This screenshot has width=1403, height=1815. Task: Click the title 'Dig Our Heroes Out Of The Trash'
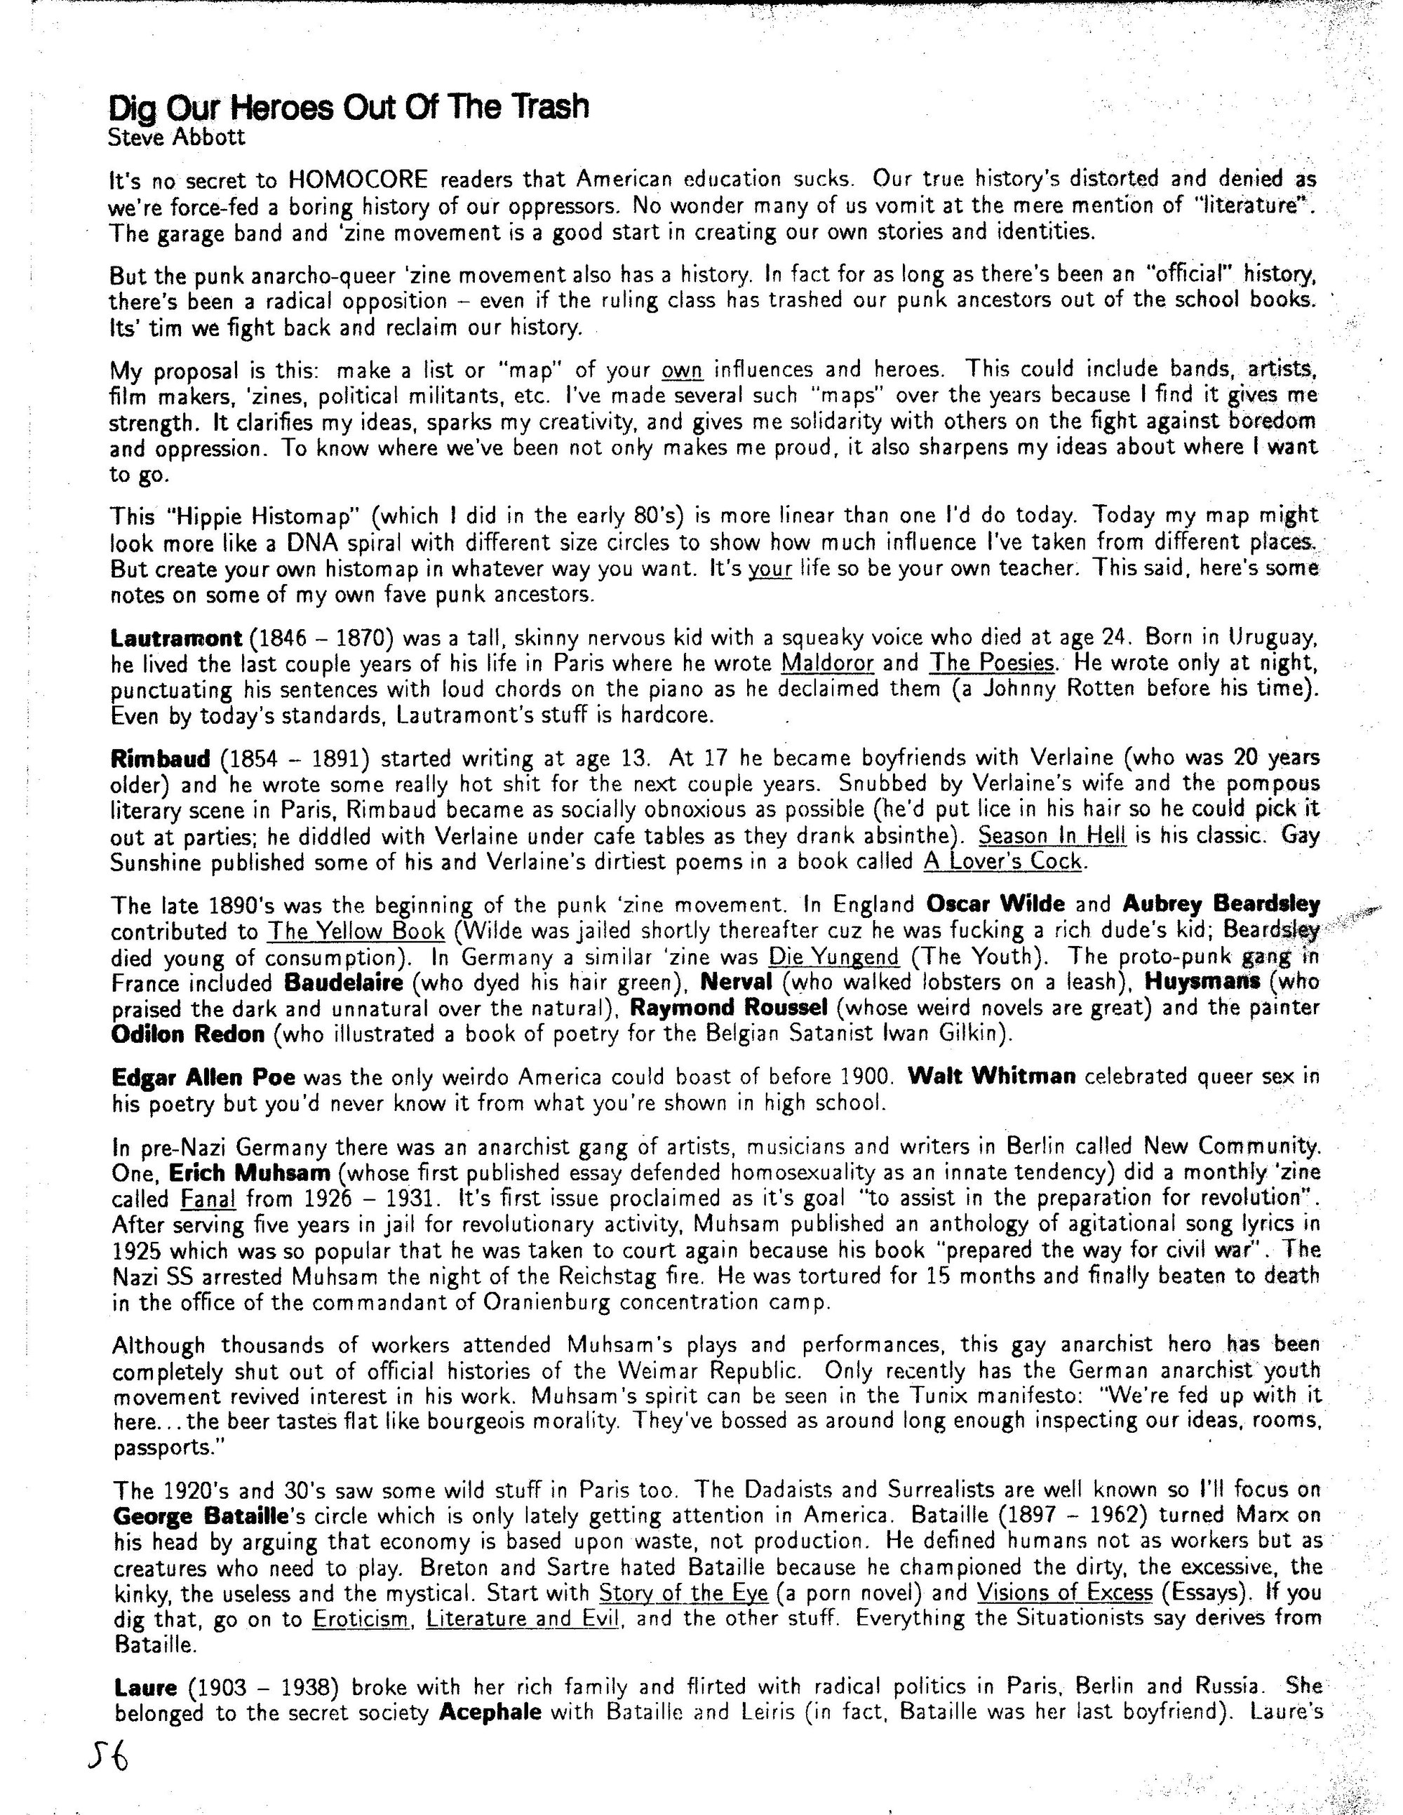click(349, 107)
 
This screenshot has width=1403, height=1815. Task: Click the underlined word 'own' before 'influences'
click(683, 369)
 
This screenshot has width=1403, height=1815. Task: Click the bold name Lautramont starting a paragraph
click(175, 638)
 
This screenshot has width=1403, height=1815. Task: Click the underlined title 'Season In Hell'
click(1052, 836)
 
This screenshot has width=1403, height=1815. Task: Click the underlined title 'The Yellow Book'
click(356, 931)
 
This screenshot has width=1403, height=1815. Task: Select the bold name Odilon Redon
click(188, 1034)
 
